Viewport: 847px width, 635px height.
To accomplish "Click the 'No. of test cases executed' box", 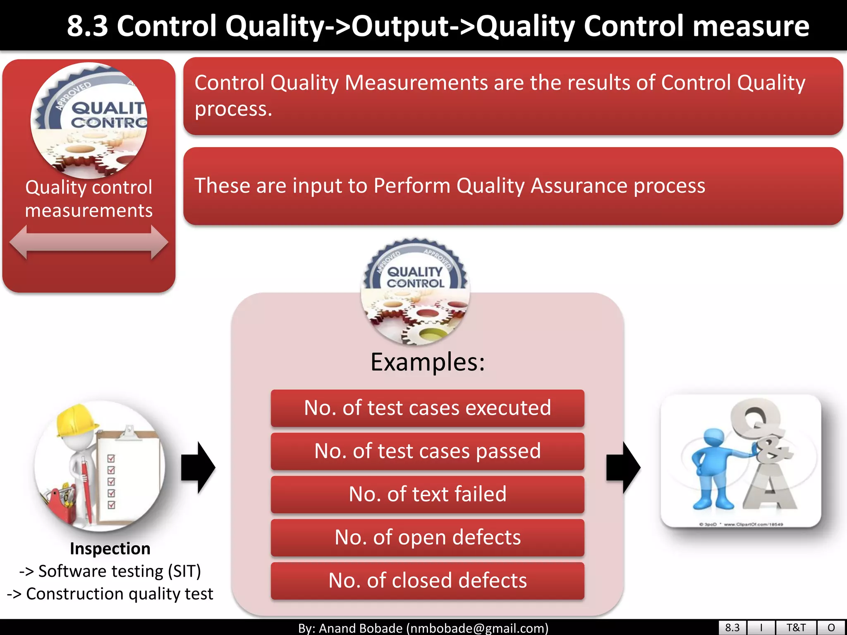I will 427,408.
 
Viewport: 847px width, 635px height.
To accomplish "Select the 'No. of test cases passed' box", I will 427,451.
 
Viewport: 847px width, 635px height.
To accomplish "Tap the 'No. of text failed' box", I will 427,494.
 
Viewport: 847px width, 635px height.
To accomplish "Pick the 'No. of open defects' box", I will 427,537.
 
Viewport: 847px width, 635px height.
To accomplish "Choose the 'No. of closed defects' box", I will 427,580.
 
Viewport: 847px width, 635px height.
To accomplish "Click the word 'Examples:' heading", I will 427,362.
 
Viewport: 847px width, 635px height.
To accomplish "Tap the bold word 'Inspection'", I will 110,549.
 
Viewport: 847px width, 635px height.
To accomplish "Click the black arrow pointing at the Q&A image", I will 623,468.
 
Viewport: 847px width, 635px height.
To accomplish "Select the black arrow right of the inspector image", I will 198,468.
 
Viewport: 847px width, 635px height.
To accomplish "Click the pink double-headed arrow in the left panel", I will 89,242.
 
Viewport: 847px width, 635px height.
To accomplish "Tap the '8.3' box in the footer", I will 732,628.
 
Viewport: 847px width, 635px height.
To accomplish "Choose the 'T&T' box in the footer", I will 796,628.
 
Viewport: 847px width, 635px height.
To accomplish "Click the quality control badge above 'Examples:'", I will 415,291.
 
